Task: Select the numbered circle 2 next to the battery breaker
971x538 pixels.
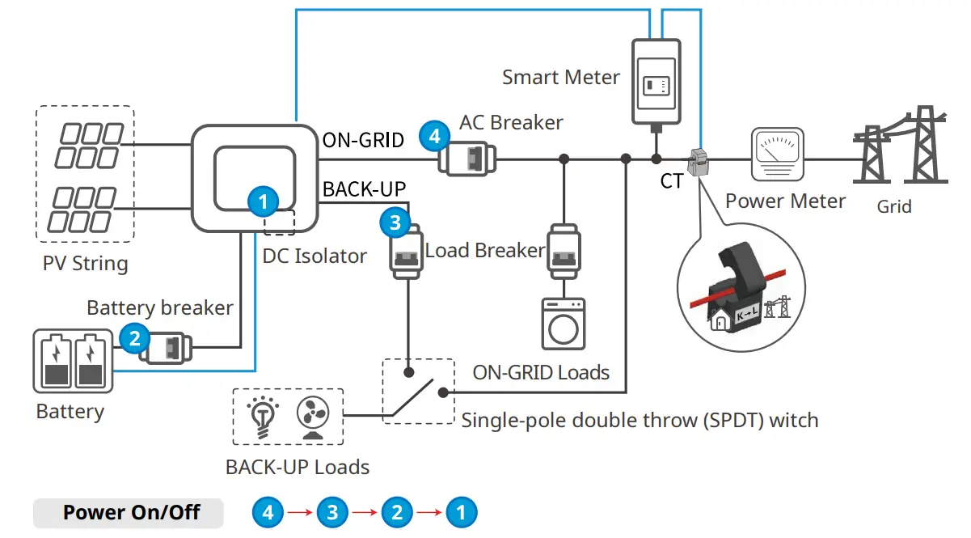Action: (134, 339)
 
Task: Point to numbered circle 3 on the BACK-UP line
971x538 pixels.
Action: (395, 223)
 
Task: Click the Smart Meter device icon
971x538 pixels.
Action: (655, 81)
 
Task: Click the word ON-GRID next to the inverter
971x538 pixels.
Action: (363, 140)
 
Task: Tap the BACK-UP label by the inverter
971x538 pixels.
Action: (364, 189)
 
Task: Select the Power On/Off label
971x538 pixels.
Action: (131, 512)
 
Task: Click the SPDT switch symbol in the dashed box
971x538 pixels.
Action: (418, 390)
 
